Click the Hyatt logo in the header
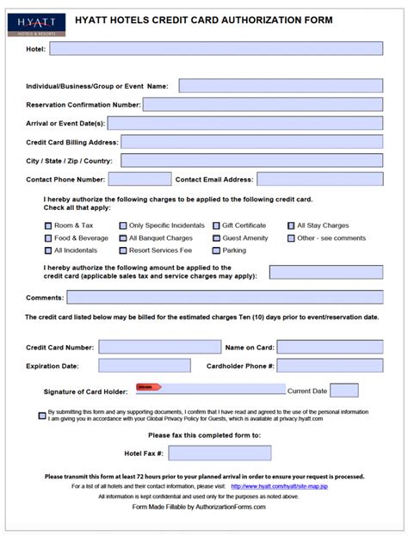pyautogui.click(x=28, y=23)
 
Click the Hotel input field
pyautogui.click(x=216, y=49)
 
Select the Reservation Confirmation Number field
pyautogui.click(x=263, y=104)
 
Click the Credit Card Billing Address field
pyautogui.click(x=251, y=142)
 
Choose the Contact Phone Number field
pyautogui.click(x=139, y=179)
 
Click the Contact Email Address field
pyautogui.click(x=319, y=179)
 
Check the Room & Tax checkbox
pyautogui.click(x=47, y=225)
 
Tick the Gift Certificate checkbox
pyautogui.click(x=215, y=225)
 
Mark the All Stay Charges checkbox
pyautogui.click(x=291, y=225)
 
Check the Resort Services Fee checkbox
pyautogui.click(x=122, y=250)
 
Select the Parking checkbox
pyautogui.click(x=215, y=250)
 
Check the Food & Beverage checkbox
pyautogui.click(x=47, y=238)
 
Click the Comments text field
pyautogui.click(x=225, y=297)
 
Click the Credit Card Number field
pyautogui.click(x=159, y=347)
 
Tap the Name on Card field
pyautogui.click(x=329, y=347)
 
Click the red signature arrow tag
pyautogui.click(x=148, y=387)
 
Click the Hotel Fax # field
pyautogui.click(x=219, y=453)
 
